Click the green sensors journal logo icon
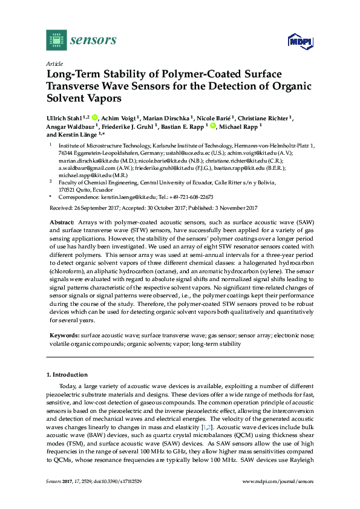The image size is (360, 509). (x=56, y=41)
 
